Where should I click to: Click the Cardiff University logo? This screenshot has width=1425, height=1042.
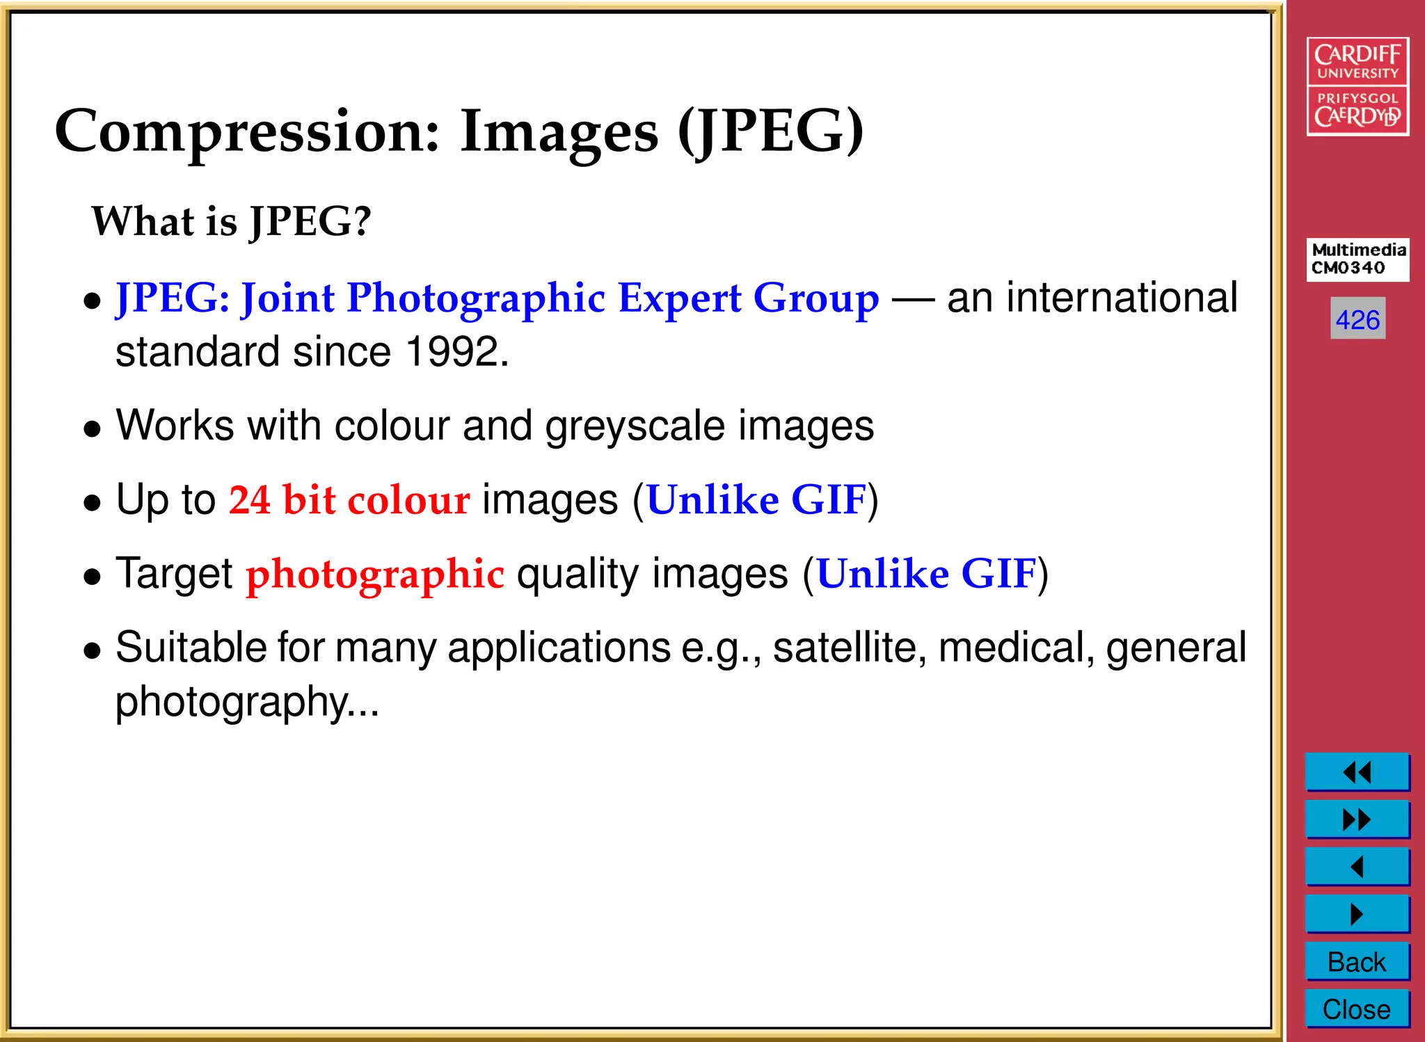coord(1358,86)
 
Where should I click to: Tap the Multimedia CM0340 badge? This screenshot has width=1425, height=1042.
coord(1358,259)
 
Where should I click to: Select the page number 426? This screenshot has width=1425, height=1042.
coord(1358,319)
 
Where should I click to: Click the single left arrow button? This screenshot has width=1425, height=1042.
coord(1357,867)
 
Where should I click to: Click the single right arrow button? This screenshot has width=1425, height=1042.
coord(1357,914)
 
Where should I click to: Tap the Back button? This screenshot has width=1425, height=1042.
coord(1357,962)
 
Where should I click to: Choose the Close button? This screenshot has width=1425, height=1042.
coord(1357,1009)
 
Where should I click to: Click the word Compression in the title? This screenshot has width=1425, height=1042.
coord(248,132)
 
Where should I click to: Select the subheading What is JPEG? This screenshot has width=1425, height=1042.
coord(232,221)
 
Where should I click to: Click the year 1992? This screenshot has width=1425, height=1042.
coord(452,351)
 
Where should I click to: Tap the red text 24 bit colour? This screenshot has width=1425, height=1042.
coord(349,499)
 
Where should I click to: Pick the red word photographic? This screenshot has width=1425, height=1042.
coord(375,575)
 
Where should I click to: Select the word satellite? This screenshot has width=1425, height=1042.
coord(850,648)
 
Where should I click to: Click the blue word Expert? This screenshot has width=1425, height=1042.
coord(679,298)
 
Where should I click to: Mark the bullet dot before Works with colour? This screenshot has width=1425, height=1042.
coord(92,429)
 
